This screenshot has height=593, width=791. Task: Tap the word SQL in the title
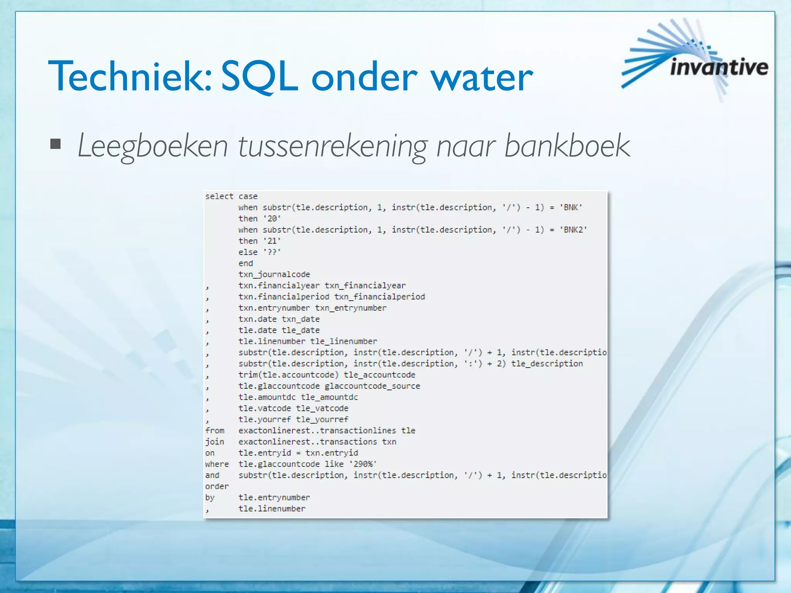point(260,76)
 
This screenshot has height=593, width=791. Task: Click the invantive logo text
point(719,67)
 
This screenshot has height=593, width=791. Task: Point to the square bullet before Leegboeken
point(56,144)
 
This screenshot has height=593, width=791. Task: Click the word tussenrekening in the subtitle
point(332,146)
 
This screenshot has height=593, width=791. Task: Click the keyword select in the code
point(219,196)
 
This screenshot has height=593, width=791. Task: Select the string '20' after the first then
point(272,219)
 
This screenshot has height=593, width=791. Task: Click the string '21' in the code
point(272,241)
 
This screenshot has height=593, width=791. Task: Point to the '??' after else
point(272,252)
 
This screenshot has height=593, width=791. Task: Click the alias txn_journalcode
point(274,274)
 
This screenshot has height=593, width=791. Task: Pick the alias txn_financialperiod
point(379,297)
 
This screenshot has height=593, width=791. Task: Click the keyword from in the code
point(215,430)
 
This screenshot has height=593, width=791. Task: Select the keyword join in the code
point(214,442)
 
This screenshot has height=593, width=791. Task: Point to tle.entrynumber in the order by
point(274,498)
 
